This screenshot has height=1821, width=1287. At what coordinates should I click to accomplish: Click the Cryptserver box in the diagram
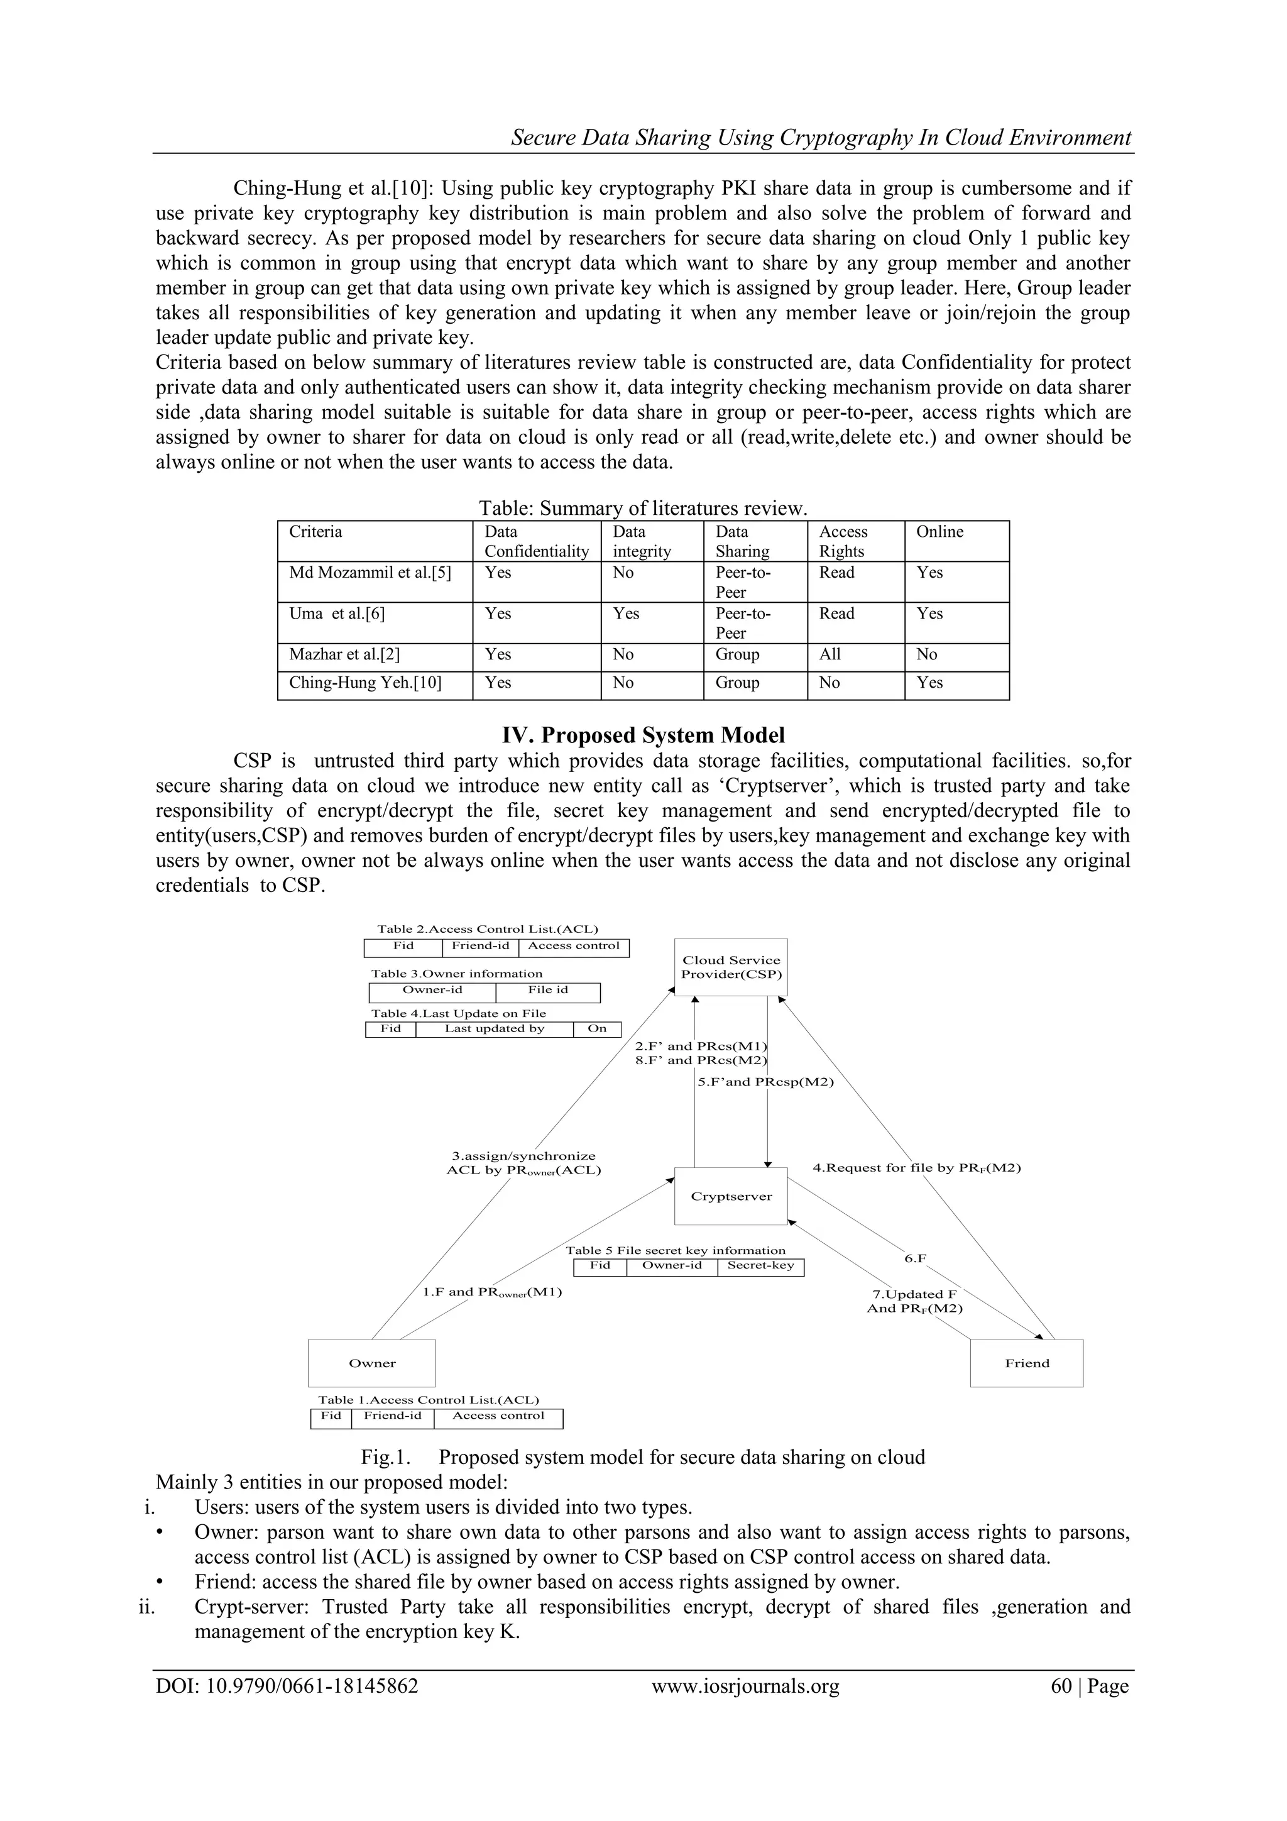(x=730, y=1196)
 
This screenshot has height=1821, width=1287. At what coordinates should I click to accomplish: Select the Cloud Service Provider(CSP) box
(x=730, y=967)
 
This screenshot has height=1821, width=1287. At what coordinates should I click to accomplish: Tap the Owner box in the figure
(x=371, y=1363)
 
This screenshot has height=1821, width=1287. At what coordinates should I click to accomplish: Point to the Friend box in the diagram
(x=1026, y=1363)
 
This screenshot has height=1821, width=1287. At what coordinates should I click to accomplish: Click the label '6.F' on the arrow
(x=915, y=1258)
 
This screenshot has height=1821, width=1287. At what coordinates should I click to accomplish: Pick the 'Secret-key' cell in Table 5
(x=760, y=1265)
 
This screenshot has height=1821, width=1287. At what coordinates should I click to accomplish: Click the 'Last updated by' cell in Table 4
(x=494, y=1029)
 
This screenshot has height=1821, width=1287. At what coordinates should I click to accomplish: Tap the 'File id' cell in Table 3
(x=547, y=990)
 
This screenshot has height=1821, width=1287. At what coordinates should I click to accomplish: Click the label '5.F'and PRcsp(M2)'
(x=765, y=1082)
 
